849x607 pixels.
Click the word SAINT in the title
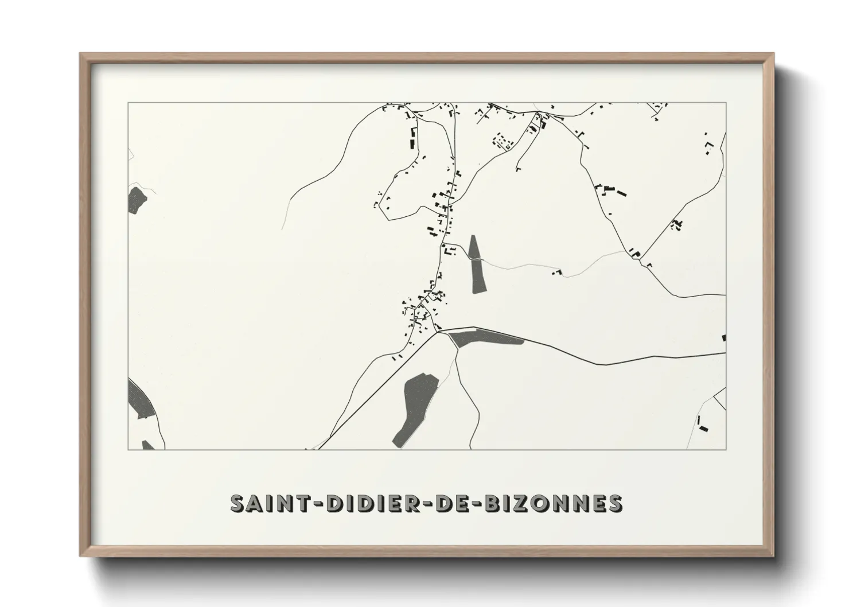268,503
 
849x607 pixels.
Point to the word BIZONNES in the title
554,503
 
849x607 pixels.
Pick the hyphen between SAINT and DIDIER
316,504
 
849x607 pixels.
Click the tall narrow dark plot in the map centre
476,264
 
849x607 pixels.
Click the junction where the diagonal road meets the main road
438,331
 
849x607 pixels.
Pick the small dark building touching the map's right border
724,337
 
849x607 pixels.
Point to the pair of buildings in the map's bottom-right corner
702,425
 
